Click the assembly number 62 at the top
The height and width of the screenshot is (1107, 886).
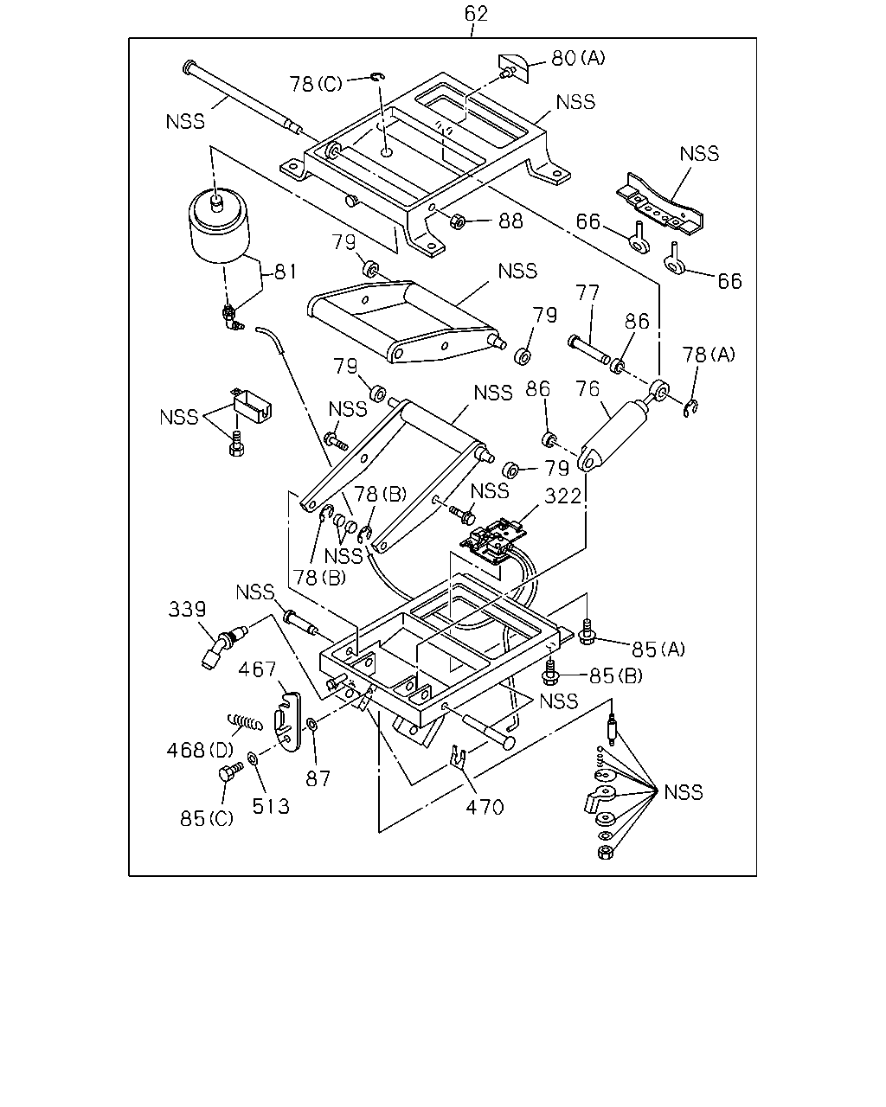coord(476,14)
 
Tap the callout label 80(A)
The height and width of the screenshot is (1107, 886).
coord(578,58)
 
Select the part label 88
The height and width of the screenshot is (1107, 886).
coord(510,221)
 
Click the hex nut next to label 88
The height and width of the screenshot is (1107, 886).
coord(457,221)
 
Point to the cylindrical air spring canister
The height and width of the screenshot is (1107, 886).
coord(220,225)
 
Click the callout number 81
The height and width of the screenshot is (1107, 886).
coord(286,272)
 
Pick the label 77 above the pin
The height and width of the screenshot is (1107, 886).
coord(587,292)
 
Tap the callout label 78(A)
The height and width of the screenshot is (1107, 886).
coord(709,355)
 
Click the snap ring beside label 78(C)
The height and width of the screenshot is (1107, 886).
coord(378,77)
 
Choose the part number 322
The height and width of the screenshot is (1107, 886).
coord(562,496)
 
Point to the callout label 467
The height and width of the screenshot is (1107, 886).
coord(258,669)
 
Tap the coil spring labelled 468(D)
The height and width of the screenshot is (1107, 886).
coord(245,722)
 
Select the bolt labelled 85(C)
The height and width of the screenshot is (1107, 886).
coord(231,772)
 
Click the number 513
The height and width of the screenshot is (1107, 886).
coord(271,806)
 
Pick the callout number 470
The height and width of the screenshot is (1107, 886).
coord(485,807)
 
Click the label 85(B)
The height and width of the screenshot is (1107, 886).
coord(616,675)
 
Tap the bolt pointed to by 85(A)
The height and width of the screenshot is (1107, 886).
coord(587,632)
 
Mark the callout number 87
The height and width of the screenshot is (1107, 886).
coord(318,779)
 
